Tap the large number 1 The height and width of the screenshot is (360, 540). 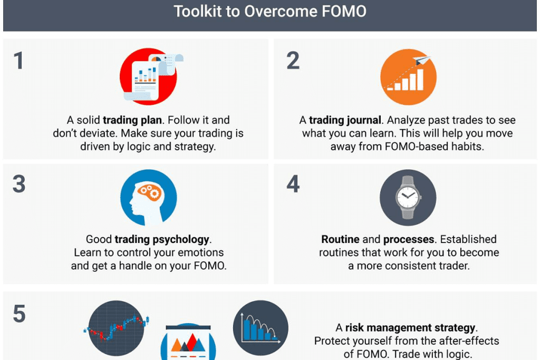coord(18,61)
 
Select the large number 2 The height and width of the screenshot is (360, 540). coord(293,61)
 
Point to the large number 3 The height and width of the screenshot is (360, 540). coord(19,184)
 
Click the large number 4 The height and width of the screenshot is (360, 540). coord(293,184)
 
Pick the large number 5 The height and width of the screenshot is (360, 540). coord(20,314)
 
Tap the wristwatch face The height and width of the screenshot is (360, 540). coord(408,198)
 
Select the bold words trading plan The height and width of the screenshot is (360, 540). coord(132,120)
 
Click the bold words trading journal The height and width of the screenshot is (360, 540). coord(345,120)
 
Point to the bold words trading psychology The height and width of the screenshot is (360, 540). coord(162,239)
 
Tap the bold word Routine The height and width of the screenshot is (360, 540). coord(340,239)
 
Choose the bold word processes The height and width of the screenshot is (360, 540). coord(409,239)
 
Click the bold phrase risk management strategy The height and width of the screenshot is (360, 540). coord(410,328)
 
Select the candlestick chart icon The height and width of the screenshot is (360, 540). coord(117,328)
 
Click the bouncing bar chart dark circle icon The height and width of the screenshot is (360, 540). coord(261,328)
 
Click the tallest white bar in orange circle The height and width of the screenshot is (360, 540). coord(420,80)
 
